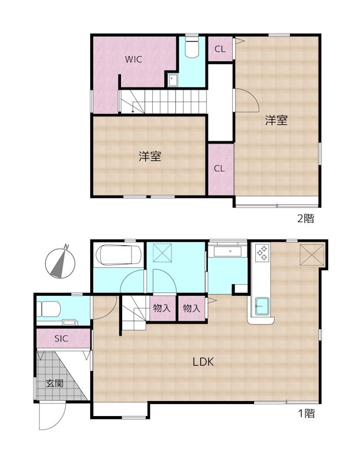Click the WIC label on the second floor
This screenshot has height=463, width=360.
[x=134, y=59]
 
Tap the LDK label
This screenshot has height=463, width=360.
[x=204, y=362]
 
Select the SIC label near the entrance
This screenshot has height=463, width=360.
[x=62, y=339]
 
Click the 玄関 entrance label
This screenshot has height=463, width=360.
[x=55, y=383]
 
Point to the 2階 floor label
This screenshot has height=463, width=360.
[x=306, y=219]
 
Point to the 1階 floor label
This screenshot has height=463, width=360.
[x=306, y=414]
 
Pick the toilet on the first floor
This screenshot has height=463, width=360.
[x=48, y=309]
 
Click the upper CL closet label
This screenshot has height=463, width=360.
[x=220, y=49]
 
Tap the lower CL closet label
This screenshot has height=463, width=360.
[x=219, y=168]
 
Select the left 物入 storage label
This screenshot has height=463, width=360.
[x=162, y=308]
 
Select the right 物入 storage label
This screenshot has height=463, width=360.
[x=192, y=308]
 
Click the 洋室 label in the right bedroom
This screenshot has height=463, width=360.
[x=277, y=121]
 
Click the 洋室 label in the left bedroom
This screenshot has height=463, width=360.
[x=149, y=156]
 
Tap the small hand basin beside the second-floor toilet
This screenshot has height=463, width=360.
[x=172, y=80]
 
